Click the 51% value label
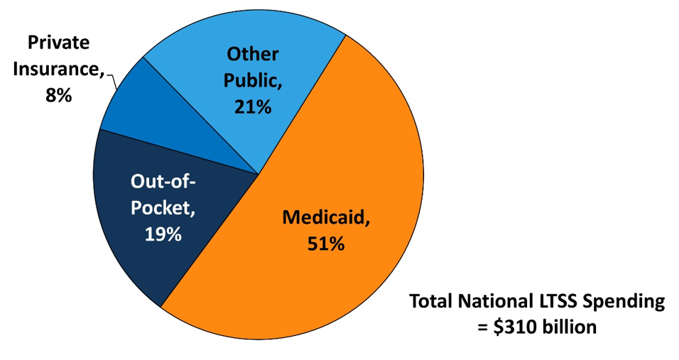(x=326, y=244)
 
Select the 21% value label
(x=253, y=107)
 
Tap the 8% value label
(x=58, y=95)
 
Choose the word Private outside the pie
(x=59, y=43)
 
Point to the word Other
(x=254, y=54)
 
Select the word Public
(x=251, y=80)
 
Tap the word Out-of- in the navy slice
(x=163, y=182)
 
